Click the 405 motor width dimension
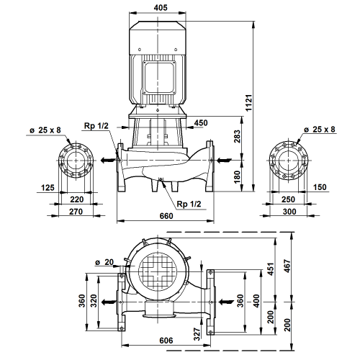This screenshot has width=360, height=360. click(x=161, y=8)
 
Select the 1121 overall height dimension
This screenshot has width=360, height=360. click(x=249, y=102)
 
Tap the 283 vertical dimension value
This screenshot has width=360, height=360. click(x=237, y=136)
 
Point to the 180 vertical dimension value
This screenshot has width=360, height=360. click(x=237, y=177)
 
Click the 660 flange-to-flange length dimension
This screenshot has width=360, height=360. click(x=166, y=216)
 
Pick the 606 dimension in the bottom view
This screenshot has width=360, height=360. click(x=166, y=341)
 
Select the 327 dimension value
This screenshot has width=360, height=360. click(x=197, y=334)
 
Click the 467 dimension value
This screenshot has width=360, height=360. click(x=287, y=266)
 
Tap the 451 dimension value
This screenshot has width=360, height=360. click(x=271, y=269)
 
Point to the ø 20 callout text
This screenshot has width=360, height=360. click(x=104, y=262)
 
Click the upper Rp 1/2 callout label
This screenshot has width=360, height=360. click(x=96, y=126)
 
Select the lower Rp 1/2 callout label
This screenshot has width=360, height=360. click(x=189, y=204)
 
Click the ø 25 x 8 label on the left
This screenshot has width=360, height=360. click(x=45, y=130)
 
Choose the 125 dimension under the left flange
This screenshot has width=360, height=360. click(x=48, y=187)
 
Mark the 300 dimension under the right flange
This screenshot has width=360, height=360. click(x=289, y=212)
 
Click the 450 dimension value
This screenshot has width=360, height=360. click(x=201, y=123)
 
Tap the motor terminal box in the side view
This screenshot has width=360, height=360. click(x=158, y=77)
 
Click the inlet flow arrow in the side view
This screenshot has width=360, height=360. click(x=225, y=160)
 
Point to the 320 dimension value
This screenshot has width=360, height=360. click(x=94, y=301)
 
